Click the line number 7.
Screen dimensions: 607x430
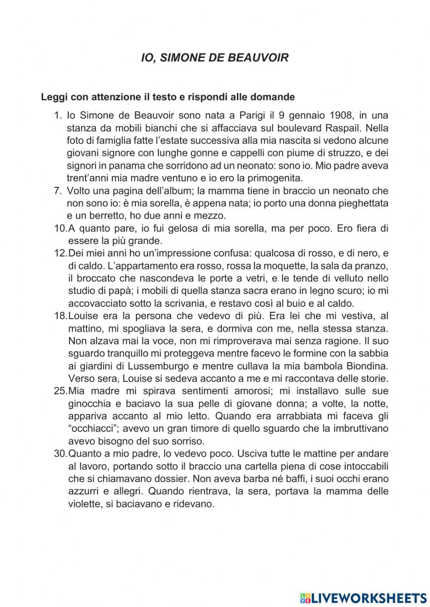coord(58,191)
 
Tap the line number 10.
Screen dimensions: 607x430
coord(60,229)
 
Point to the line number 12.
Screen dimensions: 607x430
coord(60,253)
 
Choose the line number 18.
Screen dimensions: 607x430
coord(60,316)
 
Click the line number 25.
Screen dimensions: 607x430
coord(60,391)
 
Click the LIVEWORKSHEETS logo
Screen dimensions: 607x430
coord(363,598)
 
